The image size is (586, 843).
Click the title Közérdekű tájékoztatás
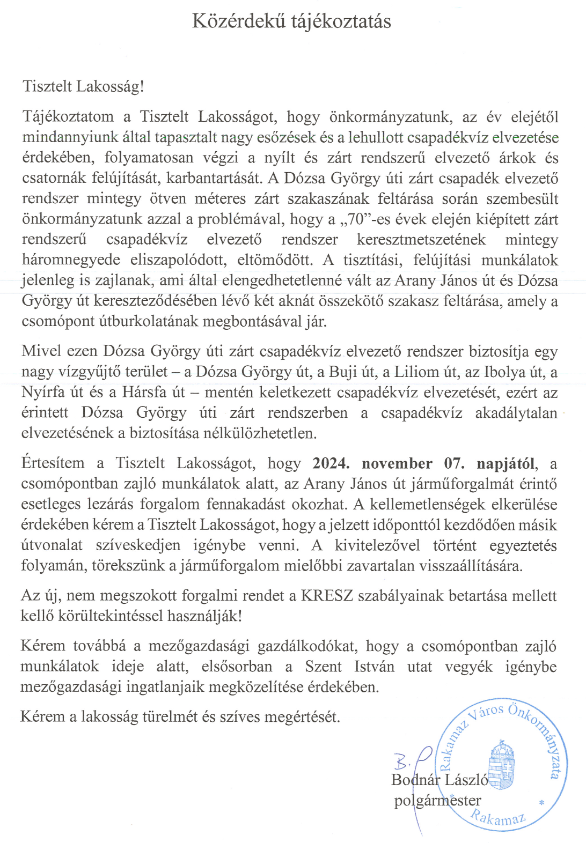point(291,21)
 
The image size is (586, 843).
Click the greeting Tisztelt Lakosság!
point(83,87)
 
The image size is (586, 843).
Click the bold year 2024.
point(331,463)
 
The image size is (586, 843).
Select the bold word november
point(397,463)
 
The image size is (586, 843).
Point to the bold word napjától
point(507,463)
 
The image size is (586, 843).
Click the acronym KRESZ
point(327,596)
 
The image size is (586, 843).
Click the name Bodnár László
point(439,780)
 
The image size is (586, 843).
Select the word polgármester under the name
point(437,801)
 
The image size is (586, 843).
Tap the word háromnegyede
point(71,260)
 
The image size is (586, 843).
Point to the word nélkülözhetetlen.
point(260,433)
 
